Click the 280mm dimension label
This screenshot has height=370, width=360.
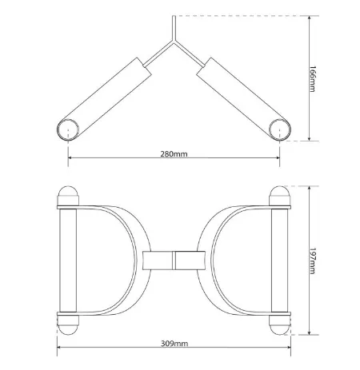[x=174, y=154]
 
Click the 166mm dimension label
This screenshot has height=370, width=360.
[x=312, y=79]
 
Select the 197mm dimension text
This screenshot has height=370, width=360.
[x=312, y=261]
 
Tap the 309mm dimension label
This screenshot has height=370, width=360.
[x=174, y=344]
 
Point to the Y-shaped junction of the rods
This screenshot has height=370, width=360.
[x=174, y=42]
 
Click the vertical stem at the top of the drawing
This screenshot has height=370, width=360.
[x=174, y=28]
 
